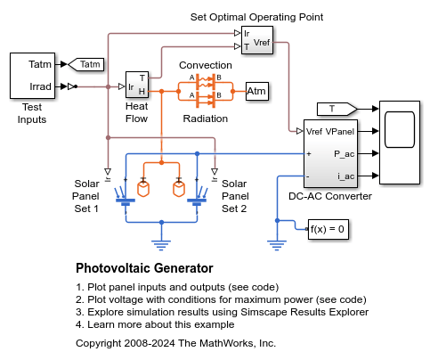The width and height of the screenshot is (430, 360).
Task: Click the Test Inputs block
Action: click(x=33, y=76)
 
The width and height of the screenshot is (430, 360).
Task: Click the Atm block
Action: click(x=256, y=92)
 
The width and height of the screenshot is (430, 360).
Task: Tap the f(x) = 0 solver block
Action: click(x=326, y=229)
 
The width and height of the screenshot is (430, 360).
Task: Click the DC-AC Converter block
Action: click(x=330, y=153)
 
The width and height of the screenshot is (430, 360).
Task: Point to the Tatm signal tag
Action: click(x=85, y=64)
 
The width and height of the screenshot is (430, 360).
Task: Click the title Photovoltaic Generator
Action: click(x=144, y=267)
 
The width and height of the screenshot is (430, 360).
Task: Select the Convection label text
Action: click(x=205, y=66)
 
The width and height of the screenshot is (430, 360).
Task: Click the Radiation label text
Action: click(x=206, y=118)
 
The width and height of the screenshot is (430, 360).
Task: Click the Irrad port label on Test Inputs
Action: click(x=40, y=86)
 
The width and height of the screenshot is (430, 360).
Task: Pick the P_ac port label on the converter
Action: click(x=345, y=153)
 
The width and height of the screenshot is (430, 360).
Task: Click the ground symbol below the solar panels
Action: click(x=161, y=238)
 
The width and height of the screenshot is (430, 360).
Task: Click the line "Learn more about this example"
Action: click(x=149, y=324)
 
